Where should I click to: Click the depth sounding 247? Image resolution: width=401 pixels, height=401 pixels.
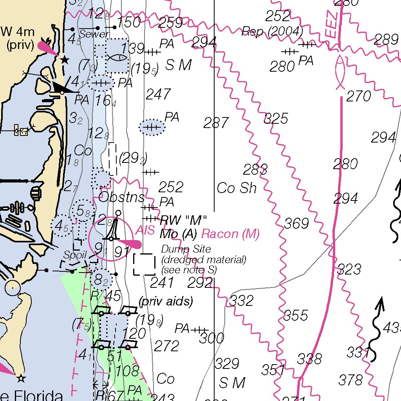click(x=158, y=94)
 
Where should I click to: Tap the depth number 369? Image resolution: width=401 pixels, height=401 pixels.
click(x=296, y=224)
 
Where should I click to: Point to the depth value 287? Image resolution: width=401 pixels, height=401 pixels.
click(x=216, y=123)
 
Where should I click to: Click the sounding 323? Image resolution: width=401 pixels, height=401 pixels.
click(x=349, y=269)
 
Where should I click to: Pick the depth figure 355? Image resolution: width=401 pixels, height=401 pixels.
click(x=296, y=315)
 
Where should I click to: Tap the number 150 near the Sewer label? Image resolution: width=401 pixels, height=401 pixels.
click(x=129, y=23)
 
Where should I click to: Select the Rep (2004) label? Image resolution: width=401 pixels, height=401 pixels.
click(x=272, y=31)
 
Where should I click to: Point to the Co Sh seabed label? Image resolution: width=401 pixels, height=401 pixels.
click(x=237, y=188)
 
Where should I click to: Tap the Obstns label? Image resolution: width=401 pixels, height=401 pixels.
click(x=121, y=197)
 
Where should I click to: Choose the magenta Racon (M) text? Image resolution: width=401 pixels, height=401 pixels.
click(x=230, y=234)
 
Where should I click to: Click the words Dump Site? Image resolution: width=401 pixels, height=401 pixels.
click(x=186, y=249)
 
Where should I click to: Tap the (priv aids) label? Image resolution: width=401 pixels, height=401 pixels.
click(x=166, y=302)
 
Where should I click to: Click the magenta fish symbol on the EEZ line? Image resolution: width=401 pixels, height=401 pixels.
click(x=340, y=72)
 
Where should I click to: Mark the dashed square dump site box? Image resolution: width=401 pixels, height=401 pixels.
click(x=144, y=264)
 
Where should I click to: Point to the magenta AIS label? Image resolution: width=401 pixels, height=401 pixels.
click(x=145, y=231)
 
